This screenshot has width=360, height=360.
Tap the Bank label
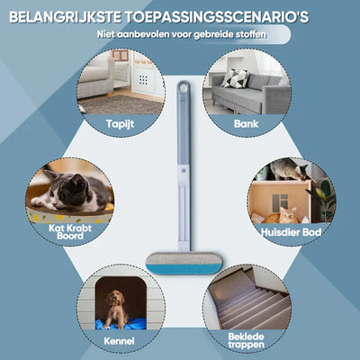pos(245,123)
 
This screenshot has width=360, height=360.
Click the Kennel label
pos(119,342)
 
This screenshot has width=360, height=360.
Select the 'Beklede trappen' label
pos(246,339)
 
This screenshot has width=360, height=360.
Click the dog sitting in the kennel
pos(114,308)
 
